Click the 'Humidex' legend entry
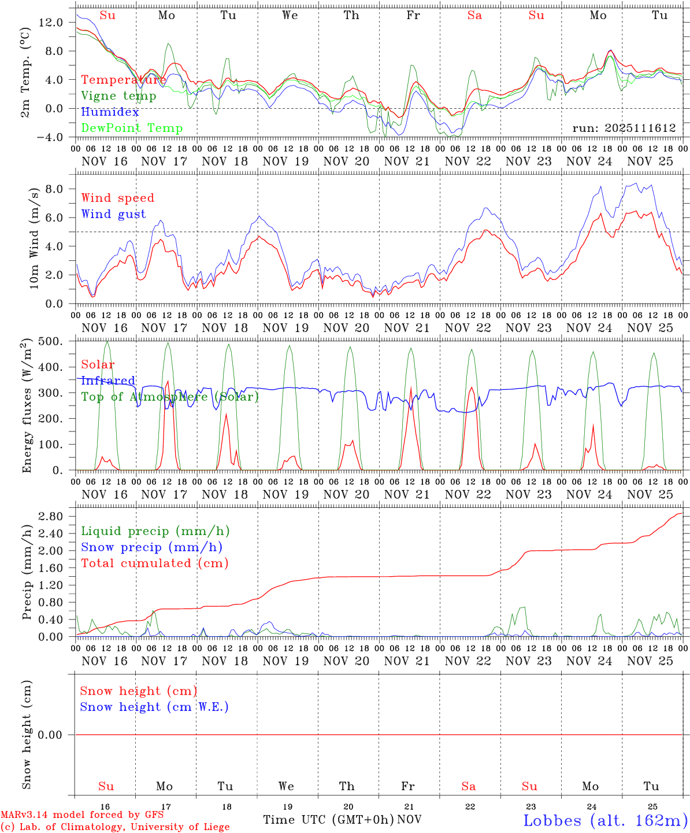[110, 112]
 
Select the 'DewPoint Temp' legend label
[132, 128]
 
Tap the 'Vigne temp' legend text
[118, 96]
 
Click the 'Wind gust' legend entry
[113, 214]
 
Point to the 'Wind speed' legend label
[117, 198]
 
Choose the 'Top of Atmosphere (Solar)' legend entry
[169, 397]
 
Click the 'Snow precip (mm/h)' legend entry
[151, 547]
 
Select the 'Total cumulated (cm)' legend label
[154, 563]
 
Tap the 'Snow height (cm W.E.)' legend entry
[154, 707]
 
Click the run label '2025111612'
[624, 128]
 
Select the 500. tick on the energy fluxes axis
[50, 341]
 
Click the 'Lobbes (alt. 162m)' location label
[605, 820]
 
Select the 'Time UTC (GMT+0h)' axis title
[328, 820]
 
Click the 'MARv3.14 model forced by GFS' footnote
[81, 815]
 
